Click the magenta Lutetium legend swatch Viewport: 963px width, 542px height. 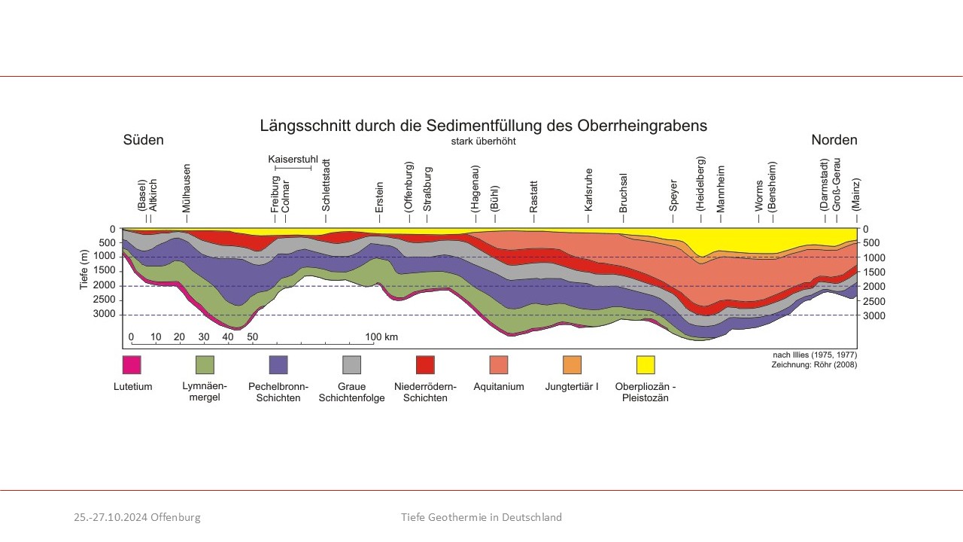[x=132, y=365]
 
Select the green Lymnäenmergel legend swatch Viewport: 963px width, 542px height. [x=205, y=365]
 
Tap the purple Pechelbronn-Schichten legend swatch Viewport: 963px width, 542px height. [x=278, y=365]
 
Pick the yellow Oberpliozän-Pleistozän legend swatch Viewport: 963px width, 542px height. [x=646, y=365]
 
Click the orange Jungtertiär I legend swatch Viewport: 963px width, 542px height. [x=572, y=365]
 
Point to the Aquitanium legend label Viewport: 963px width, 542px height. [x=499, y=387]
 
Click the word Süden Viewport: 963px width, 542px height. [x=143, y=140]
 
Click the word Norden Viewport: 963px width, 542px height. [x=834, y=140]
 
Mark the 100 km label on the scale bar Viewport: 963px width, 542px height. [x=381, y=336]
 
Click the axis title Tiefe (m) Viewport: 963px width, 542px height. [x=85, y=269]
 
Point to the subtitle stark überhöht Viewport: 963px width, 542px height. [x=483, y=141]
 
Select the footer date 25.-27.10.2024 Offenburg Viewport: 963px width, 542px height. [x=137, y=517]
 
